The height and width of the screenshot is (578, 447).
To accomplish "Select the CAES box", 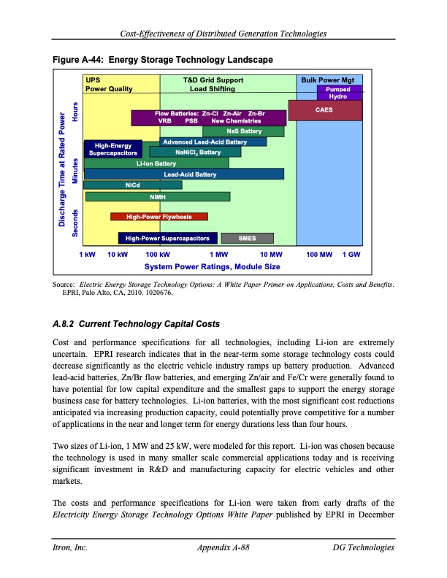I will tap(325, 110).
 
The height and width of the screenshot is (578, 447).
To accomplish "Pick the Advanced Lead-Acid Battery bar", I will tap(205, 142).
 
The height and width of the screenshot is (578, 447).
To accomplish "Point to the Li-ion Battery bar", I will tap(156, 163).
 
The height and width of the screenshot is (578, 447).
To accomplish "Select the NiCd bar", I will tap(133, 185).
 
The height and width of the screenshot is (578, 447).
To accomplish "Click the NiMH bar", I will tap(158, 196).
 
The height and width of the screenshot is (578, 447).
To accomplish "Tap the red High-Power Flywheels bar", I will tap(158, 217).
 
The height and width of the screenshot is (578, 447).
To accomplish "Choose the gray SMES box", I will tap(247, 238).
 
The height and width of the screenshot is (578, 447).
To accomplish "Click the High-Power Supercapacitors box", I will tap(167, 238).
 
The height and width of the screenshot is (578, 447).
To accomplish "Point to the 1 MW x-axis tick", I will tap(218, 254).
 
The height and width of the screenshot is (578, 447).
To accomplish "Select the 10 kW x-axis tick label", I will tap(118, 254).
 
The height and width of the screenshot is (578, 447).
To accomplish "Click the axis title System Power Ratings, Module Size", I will tap(212, 266).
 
